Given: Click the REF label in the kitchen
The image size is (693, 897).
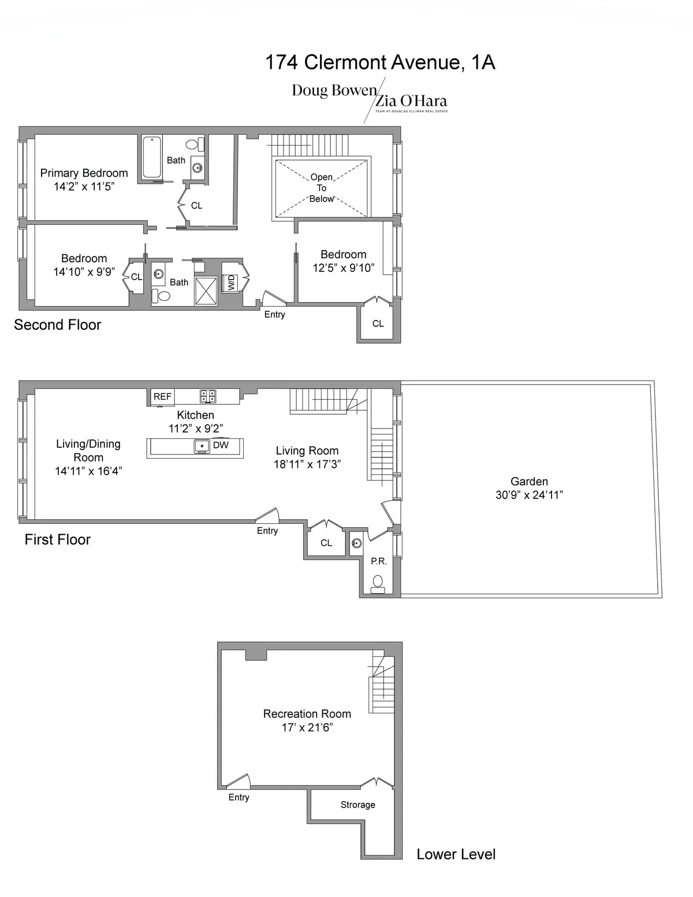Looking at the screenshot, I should click(x=162, y=397).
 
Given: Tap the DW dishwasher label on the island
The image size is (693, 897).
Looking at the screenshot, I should click(x=221, y=445).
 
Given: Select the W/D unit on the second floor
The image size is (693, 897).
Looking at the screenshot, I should click(x=231, y=283).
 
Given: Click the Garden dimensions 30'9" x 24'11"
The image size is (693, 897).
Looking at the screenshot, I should click(x=529, y=495).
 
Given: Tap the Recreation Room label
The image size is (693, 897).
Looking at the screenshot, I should click(x=307, y=714).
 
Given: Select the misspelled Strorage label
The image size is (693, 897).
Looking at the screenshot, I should click(x=357, y=805).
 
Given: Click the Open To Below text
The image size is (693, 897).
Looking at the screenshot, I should click(x=322, y=188).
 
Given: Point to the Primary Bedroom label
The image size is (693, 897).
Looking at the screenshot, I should click(x=84, y=173).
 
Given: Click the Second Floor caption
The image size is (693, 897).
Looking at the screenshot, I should click(x=57, y=325).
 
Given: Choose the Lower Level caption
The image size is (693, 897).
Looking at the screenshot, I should click(x=456, y=854).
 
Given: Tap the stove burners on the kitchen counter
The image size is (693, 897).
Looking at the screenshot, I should click(x=208, y=396).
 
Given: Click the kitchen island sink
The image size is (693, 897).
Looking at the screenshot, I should click(x=202, y=446).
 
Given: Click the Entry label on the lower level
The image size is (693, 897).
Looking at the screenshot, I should click(x=239, y=797).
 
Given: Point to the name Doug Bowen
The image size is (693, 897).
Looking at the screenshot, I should click(x=334, y=91).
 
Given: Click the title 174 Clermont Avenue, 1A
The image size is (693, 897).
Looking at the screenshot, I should click(x=379, y=62).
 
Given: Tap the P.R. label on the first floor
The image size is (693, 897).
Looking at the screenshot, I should click(x=379, y=561).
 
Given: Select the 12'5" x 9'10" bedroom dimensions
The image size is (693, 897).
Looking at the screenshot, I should click(x=344, y=268).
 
